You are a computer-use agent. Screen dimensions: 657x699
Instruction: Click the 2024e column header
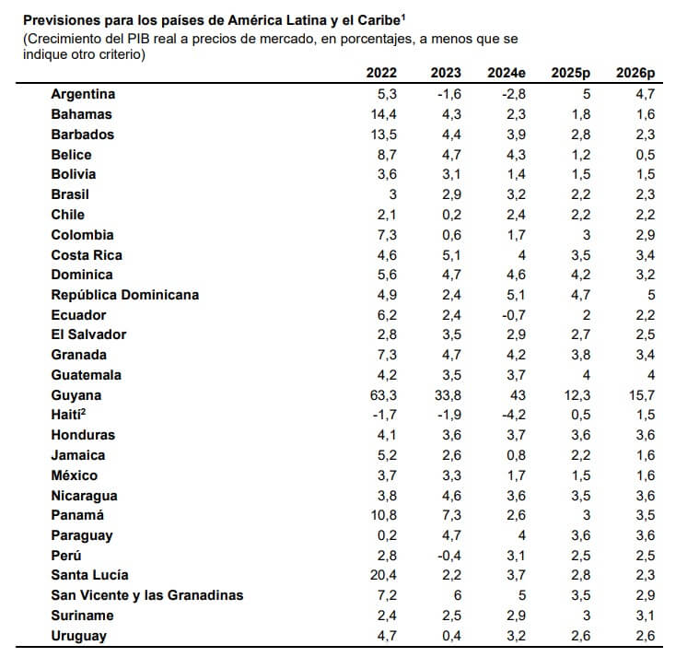508,73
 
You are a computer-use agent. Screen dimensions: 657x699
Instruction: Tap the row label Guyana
76,395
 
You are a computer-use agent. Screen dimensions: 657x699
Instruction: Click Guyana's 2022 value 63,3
383,395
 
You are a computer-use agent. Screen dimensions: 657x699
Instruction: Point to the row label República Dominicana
124,295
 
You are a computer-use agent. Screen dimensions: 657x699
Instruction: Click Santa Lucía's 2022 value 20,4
383,576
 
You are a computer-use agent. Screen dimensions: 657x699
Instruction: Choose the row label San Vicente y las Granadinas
146,595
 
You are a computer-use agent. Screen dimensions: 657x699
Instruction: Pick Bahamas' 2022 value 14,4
383,114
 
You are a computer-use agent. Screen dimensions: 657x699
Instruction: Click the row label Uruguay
78,636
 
